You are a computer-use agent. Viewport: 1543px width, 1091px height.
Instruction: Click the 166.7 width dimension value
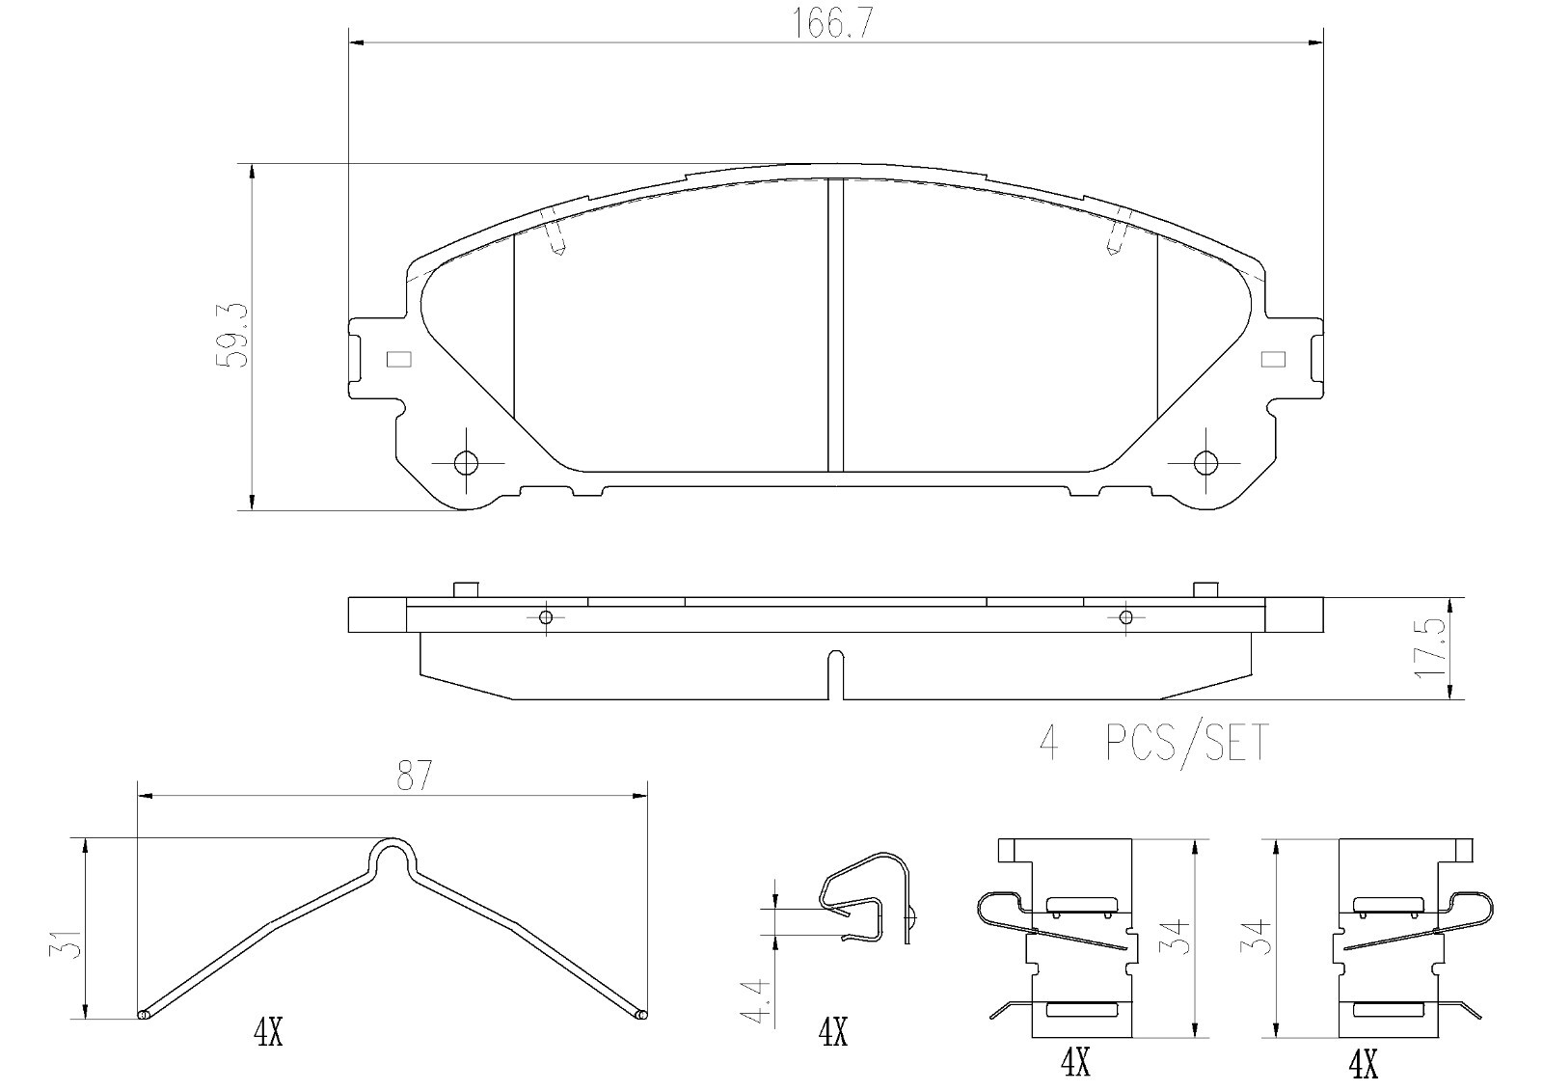pos(829,25)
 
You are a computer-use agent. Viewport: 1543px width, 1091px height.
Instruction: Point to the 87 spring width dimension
pos(413,776)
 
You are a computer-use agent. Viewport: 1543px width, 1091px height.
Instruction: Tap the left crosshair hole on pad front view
pos(467,462)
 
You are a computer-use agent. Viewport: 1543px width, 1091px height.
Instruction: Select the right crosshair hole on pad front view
pos(1205,462)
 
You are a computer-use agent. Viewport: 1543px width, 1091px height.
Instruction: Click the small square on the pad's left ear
pos(399,359)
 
